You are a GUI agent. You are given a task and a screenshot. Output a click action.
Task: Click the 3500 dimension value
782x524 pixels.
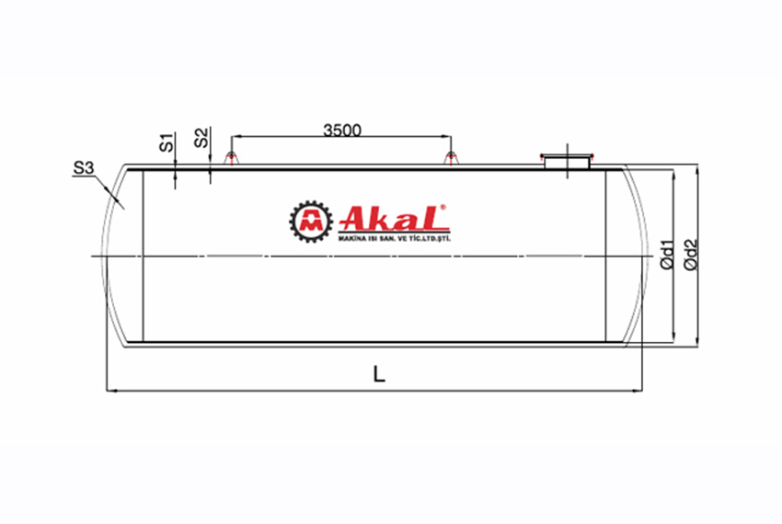[x=341, y=130]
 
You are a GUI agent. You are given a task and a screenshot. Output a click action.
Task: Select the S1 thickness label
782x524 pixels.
[x=167, y=142]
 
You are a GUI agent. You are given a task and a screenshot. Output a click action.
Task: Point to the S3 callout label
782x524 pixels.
[x=84, y=169]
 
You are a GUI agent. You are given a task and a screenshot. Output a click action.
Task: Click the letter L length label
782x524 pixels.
[x=378, y=374]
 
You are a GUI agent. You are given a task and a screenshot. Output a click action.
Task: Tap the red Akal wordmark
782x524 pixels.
[x=393, y=218]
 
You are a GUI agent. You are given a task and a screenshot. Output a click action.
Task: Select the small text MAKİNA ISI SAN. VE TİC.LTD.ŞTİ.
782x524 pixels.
[x=393, y=238]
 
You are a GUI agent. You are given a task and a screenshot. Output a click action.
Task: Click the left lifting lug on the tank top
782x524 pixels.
[x=231, y=158]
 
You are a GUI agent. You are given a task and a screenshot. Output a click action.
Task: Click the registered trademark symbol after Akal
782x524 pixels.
[x=443, y=208]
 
